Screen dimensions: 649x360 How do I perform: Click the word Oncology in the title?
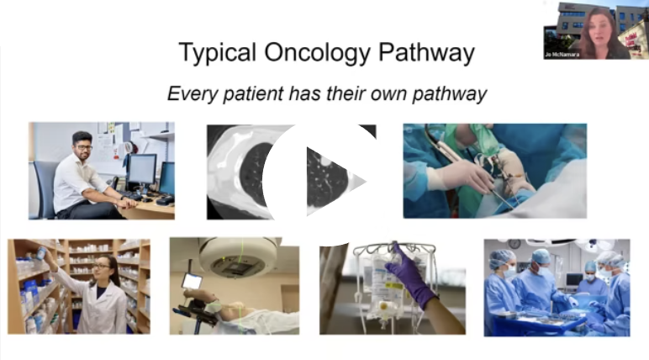[x=318, y=53]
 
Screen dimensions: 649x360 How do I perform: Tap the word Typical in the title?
[x=217, y=53]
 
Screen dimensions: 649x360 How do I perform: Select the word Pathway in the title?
[x=426, y=53]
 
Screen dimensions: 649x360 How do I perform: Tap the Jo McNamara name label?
[x=562, y=55]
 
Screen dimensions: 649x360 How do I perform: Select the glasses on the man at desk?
[x=84, y=147]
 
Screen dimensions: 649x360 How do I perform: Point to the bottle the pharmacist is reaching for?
[x=41, y=252]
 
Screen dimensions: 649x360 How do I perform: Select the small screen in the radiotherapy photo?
[x=192, y=281]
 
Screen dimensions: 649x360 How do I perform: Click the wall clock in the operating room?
[x=514, y=244]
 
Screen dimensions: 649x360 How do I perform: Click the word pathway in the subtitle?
[x=450, y=93]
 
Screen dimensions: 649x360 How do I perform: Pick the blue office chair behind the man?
[x=45, y=189]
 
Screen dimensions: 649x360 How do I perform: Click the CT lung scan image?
[x=292, y=172]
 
